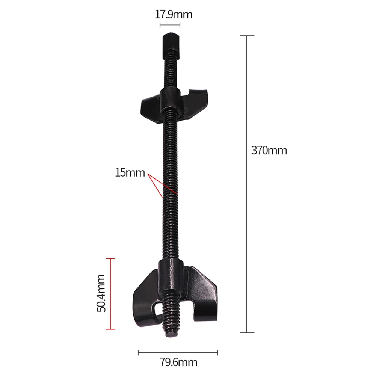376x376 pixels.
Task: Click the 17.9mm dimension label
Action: click(174, 15)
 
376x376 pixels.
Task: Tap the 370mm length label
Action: click(269, 151)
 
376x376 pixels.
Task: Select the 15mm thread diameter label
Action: click(130, 173)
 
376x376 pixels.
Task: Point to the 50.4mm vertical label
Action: click(101, 293)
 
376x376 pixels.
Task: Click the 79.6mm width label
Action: click(178, 362)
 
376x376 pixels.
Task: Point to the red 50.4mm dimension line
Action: click(110, 293)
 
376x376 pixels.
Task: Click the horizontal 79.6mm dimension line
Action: click(178, 352)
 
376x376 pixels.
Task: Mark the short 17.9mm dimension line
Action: click(170, 25)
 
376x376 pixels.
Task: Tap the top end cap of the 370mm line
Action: click(247, 36)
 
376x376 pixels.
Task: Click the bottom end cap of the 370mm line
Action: click(247, 332)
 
